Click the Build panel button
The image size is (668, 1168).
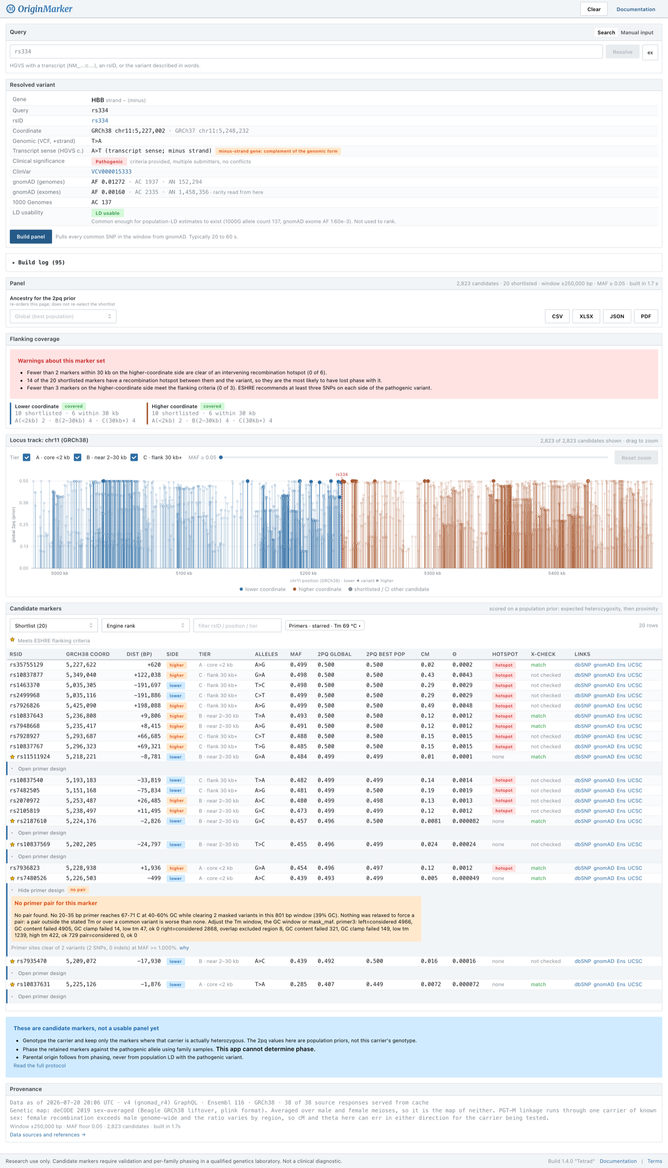click(31, 237)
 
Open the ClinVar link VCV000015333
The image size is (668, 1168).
click(111, 172)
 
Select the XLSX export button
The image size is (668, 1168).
click(586, 316)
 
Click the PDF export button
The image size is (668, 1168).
click(645, 316)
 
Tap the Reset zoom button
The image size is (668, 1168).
click(636, 457)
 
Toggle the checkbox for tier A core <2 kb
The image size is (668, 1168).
click(27, 457)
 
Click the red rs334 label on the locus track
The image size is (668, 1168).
click(342, 474)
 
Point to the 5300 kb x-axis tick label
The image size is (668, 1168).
click(432, 573)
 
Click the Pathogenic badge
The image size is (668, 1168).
click(109, 162)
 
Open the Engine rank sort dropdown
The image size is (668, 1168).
click(145, 625)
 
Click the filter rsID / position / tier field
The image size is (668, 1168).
click(237, 625)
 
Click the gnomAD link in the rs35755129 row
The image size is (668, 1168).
click(603, 665)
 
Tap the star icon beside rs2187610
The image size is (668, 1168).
click(13, 821)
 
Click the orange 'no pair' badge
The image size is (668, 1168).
click(78, 889)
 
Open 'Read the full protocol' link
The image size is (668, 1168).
click(40, 1065)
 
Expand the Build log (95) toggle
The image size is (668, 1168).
click(39, 262)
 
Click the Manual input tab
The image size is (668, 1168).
click(637, 33)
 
